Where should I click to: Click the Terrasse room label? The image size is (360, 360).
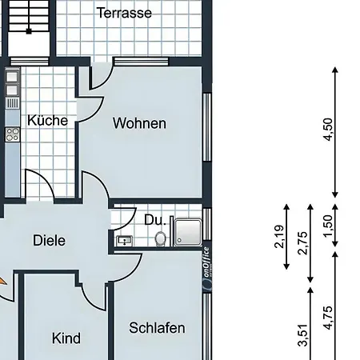click(x=124, y=13)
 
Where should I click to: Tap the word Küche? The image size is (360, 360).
click(x=48, y=120)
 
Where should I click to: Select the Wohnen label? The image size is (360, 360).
click(x=139, y=123)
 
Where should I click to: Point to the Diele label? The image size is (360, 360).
click(x=49, y=240)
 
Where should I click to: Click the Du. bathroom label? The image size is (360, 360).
click(x=155, y=220)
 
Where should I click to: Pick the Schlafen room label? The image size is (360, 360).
click(x=157, y=328)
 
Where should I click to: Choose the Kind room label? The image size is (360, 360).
click(x=66, y=338)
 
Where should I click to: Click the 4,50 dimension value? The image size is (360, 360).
click(x=329, y=130)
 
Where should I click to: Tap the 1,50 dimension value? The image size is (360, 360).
click(x=329, y=226)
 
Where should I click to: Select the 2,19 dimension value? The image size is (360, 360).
click(x=280, y=237)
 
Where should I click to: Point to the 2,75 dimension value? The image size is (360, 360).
click(x=304, y=243)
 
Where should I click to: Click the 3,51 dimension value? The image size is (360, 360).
click(x=304, y=335)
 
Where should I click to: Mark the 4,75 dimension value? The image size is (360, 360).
click(x=329, y=318)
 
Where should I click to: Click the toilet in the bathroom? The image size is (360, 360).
click(x=161, y=238)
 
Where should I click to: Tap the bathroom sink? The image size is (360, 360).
click(x=125, y=241)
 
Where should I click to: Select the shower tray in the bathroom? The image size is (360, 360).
click(x=188, y=232)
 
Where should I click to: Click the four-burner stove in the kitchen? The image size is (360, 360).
click(x=12, y=134)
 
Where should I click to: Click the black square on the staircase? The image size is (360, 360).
click(x=29, y=31)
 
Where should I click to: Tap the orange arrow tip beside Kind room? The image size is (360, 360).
click(x=2, y=281)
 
